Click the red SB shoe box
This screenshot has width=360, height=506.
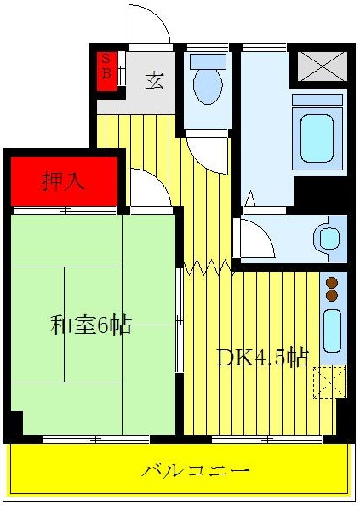pyautogui.click(x=107, y=71)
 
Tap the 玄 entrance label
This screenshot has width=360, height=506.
pyautogui.click(x=154, y=81)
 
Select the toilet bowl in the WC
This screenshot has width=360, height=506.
pyautogui.click(x=208, y=86)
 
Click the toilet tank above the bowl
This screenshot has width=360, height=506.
pyautogui.click(x=208, y=61)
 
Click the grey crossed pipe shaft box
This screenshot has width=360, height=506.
pyautogui.click(x=322, y=66)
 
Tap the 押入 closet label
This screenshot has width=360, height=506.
pyautogui.click(x=64, y=181)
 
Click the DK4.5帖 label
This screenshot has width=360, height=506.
pyautogui.click(x=262, y=358)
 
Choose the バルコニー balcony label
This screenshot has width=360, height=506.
pyautogui.click(x=196, y=471)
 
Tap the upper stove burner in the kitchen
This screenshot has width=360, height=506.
pyautogui.click(x=332, y=283)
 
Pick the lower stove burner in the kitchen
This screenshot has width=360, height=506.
pyautogui.click(x=332, y=296)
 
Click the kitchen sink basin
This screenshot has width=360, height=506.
pyautogui.click(x=332, y=331)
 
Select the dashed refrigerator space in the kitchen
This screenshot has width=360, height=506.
pyautogui.click(x=329, y=382)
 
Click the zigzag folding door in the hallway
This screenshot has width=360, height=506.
pyautogui.click(x=209, y=267)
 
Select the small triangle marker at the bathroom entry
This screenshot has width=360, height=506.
pyautogui.click(x=250, y=198)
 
